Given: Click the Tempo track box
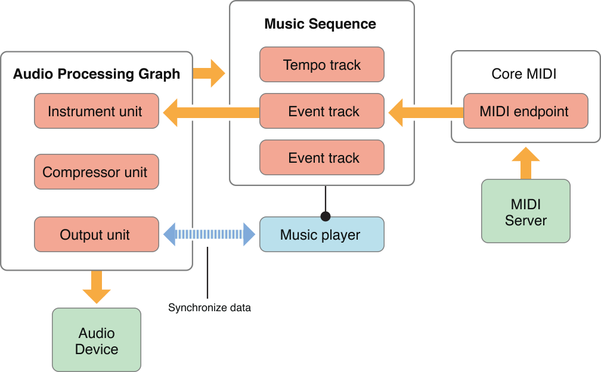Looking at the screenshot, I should [x=322, y=65].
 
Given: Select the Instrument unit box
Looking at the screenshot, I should [x=97, y=111].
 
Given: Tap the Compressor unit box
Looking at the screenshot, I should [x=97, y=172].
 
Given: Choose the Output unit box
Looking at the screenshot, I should [x=97, y=235].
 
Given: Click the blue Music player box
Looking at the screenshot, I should [x=322, y=235].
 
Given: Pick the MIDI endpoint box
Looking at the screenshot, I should [x=525, y=111].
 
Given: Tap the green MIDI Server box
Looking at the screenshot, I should [x=525, y=212].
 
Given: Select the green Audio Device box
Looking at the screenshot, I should [x=97, y=341].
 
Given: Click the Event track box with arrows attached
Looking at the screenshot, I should [x=322, y=111].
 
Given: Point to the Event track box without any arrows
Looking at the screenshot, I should [x=322, y=158].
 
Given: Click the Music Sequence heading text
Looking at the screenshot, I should [x=320, y=24].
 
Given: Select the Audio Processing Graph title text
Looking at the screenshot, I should [x=97, y=74].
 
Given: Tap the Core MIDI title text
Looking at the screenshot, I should [x=524, y=74].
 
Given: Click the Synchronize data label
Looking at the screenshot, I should [x=209, y=308].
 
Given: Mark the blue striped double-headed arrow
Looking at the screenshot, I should [x=209, y=234].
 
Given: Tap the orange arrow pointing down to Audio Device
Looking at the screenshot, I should [x=97, y=287].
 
